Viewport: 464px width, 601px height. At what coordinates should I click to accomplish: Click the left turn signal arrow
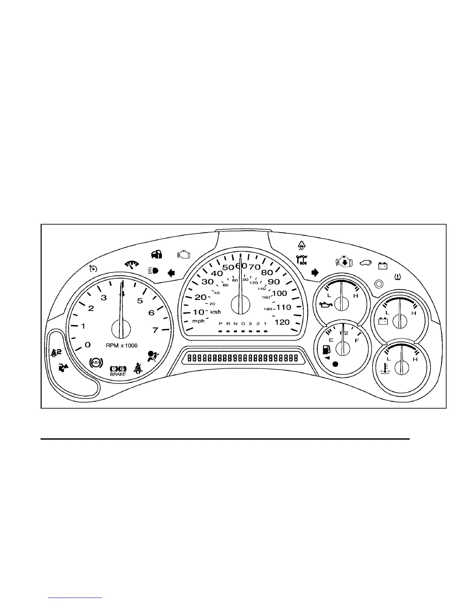click(171, 273)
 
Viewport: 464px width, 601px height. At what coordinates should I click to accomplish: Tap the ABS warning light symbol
click(96, 363)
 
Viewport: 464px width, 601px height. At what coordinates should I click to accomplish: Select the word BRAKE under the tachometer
click(118, 374)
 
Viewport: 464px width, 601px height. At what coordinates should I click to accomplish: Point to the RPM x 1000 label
click(122, 346)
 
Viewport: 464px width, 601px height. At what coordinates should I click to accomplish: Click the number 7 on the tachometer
click(155, 330)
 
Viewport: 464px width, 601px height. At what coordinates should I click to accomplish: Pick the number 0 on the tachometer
click(88, 345)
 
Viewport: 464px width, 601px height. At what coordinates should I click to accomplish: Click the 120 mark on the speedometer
click(282, 322)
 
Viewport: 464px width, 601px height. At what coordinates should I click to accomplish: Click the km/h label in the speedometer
click(215, 312)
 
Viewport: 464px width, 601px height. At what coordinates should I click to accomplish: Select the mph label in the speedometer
click(198, 321)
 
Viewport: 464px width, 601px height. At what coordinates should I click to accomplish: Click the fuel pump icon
click(326, 349)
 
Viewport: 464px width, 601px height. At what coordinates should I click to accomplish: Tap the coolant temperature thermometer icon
click(386, 368)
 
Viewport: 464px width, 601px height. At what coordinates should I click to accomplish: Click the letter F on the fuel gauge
click(357, 341)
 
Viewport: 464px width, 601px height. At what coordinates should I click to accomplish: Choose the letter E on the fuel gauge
click(331, 340)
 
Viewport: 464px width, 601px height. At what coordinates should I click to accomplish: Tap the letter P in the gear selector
click(220, 324)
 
